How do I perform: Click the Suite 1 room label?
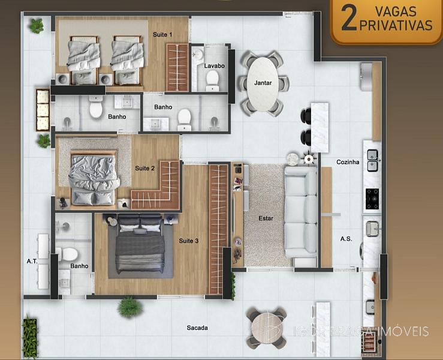point(162,35)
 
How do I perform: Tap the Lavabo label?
point(214,65)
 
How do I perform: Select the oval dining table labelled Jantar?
point(263,84)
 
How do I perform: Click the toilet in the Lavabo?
point(212,80)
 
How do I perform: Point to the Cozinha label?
point(348,162)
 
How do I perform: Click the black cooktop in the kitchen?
point(372,199)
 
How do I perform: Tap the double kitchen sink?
point(373,161)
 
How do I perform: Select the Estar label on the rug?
point(266,218)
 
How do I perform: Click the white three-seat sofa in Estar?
point(300,212)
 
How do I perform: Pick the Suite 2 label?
point(144,168)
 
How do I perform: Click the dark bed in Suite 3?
point(140,244)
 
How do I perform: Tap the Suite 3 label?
point(188,241)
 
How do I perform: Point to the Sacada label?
point(197,328)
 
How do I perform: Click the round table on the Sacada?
point(267,328)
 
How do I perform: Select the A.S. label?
point(346,239)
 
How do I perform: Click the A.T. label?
point(32,262)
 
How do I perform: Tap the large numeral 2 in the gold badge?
point(349,19)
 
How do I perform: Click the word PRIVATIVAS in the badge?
point(396,25)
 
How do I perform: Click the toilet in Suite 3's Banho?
point(67,254)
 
